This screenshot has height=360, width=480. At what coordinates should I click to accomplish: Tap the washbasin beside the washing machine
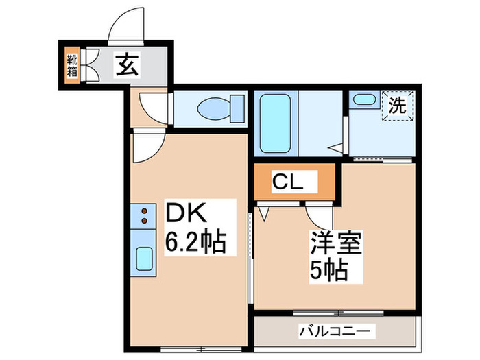point(361,99)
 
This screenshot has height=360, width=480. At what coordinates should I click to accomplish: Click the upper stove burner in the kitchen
point(145,210)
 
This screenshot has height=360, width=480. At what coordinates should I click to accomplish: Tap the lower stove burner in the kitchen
point(145,221)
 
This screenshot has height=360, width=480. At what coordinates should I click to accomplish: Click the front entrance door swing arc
point(128,26)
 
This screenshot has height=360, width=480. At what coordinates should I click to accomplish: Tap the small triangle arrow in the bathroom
point(336,147)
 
